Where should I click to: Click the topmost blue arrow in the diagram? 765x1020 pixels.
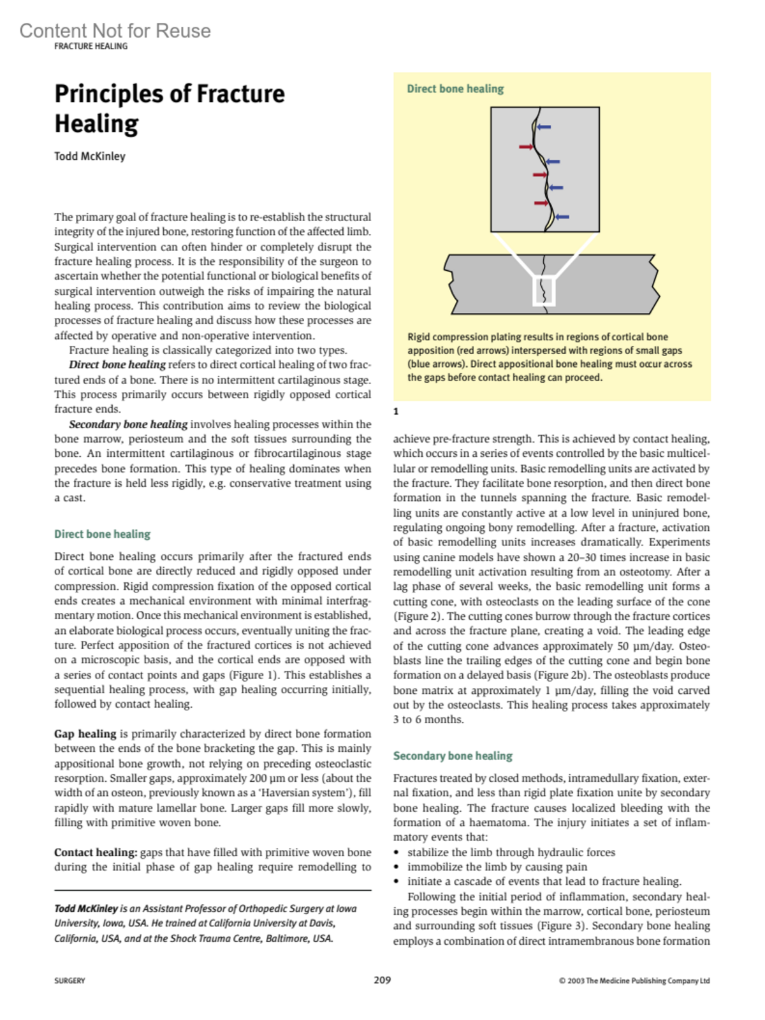(x=543, y=127)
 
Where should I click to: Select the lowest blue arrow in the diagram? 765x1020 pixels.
(x=561, y=217)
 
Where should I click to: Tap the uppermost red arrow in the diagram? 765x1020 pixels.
(x=526, y=147)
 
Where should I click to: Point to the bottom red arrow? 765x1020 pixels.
(x=541, y=203)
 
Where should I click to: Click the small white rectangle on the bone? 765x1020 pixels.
(x=543, y=291)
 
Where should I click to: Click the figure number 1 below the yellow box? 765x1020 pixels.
(x=396, y=412)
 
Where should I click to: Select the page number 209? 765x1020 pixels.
(x=382, y=980)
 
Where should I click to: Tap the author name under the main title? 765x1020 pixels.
(x=90, y=157)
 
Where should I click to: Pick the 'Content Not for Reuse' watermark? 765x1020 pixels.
(x=115, y=31)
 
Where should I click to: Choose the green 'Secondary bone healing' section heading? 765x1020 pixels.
(x=453, y=756)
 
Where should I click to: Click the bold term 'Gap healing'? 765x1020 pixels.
(x=85, y=734)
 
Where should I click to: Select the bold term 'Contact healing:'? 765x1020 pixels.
(x=96, y=852)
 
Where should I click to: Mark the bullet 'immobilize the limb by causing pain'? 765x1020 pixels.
(x=497, y=867)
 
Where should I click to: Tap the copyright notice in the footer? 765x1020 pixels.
(x=634, y=981)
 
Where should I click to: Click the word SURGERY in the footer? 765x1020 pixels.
(x=69, y=981)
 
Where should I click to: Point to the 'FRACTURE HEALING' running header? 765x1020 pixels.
(x=91, y=47)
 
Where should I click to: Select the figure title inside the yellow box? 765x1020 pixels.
(x=455, y=89)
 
